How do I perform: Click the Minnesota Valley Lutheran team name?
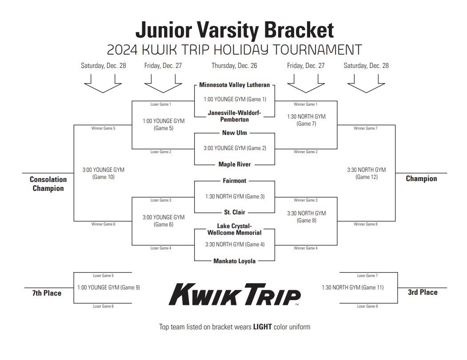pos(234,84)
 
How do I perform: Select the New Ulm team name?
pos(234,133)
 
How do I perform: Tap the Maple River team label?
pos(234,164)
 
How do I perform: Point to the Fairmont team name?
pos(234,181)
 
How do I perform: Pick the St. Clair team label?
pos(234,212)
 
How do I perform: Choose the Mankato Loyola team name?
pos(234,261)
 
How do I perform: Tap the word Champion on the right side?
pos(421,179)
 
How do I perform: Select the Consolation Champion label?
pos(48,184)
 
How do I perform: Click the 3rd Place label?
pos(423,292)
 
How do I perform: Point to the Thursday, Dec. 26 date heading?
pos(234,66)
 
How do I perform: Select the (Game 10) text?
pos(104,177)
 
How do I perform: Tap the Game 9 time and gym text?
pos(108,287)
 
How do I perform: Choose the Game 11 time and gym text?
pos(352,287)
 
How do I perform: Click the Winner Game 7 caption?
pos(366,128)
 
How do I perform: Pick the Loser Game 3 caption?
pos(161,200)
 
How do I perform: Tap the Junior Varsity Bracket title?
pos(234,30)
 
